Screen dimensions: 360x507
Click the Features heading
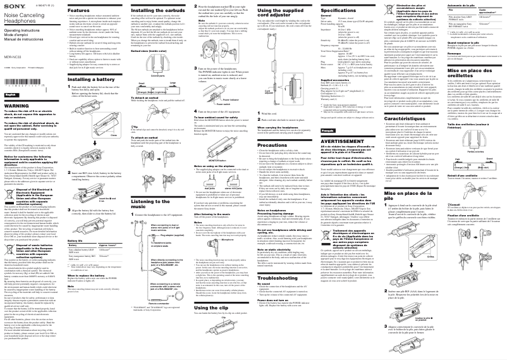pos(80,11)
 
